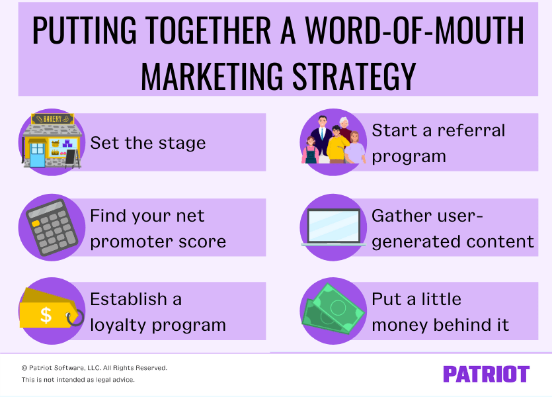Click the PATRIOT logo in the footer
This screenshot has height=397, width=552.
click(486, 374)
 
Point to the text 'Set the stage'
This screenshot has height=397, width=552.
click(148, 143)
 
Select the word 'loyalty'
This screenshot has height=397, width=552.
click(120, 326)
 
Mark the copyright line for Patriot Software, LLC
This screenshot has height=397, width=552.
click(95, 367)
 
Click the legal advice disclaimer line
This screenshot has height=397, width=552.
click(78, 380)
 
